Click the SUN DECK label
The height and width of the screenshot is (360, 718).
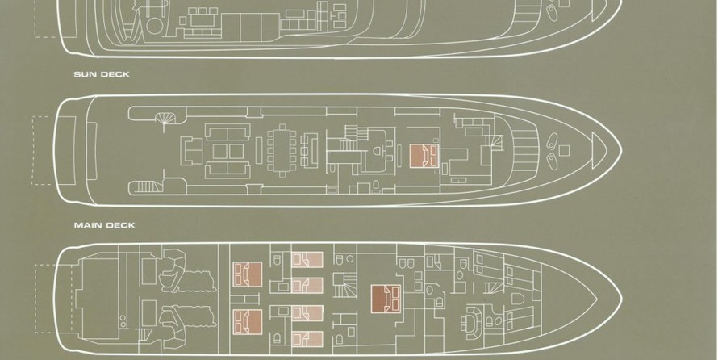[x=102, y=74]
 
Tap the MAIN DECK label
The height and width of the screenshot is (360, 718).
[x=104, y=225]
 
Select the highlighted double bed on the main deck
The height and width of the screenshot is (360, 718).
[x=424, y=155]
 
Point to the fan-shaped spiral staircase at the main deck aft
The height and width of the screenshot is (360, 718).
[x=165, y=118]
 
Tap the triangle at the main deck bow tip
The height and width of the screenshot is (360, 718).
[x=599, y=150]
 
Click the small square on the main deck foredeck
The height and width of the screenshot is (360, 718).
[x=564, y=150]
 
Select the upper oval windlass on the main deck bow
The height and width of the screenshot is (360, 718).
[x=553, y=139]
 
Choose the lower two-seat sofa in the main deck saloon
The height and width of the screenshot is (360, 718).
[x=228, y=170]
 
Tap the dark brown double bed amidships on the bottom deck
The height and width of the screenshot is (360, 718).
[x=386, y=299]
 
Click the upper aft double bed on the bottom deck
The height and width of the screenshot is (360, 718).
[x=248, y=274]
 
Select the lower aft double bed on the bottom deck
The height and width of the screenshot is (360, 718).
[x=248, y=322]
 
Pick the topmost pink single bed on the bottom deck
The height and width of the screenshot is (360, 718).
[x=307, y=260]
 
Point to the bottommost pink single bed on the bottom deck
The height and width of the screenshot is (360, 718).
[x=307, y=339]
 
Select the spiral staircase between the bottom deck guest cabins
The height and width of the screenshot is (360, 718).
[x=344, y=285]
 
